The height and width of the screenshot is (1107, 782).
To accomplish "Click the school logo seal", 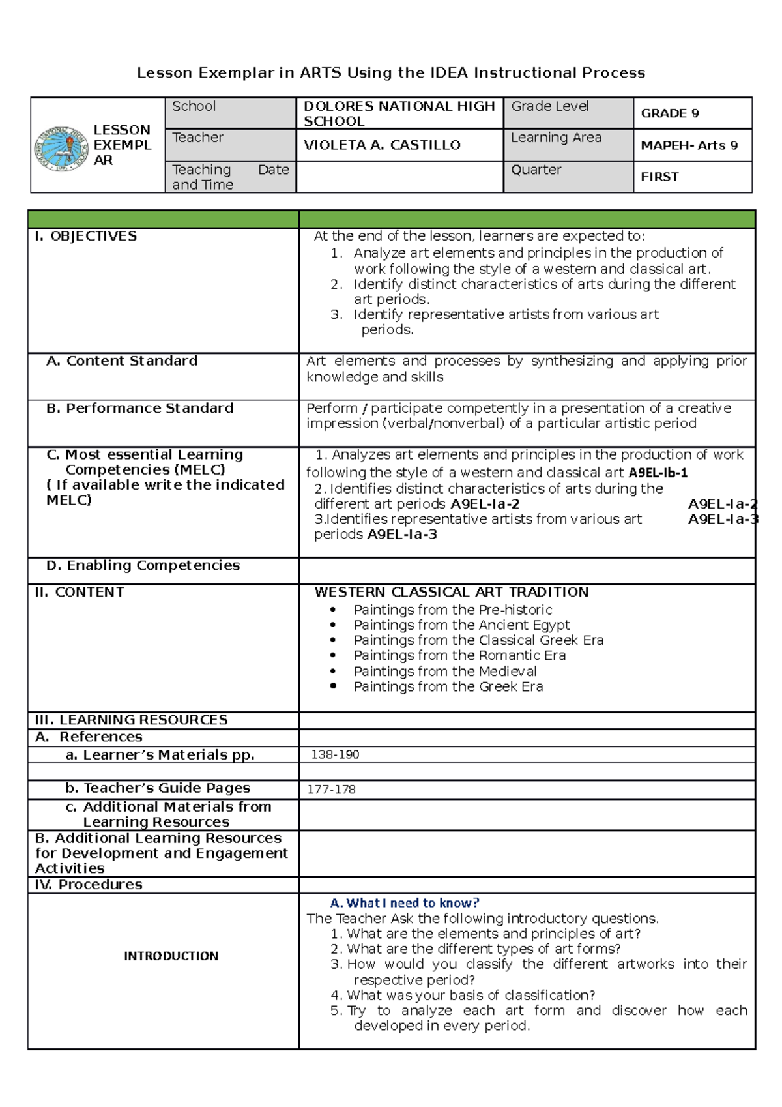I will point(61,149).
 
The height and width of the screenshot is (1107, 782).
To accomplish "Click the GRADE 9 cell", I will point(670,113).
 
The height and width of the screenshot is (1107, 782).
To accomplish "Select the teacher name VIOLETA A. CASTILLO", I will point(382,145).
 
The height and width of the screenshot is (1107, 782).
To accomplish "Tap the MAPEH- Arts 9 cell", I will point(689,145).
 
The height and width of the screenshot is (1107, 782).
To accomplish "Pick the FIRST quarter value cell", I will point(659,177).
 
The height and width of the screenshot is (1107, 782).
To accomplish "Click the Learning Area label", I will point(556,138).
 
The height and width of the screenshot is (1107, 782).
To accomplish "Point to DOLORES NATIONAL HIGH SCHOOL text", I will point(399,113).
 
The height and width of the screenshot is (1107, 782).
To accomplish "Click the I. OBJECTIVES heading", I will point(86,236).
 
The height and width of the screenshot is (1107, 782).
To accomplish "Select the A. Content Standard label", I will point(122,361).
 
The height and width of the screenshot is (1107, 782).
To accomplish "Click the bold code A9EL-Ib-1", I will point(658,473).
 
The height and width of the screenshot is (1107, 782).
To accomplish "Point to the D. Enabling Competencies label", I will point(143,565).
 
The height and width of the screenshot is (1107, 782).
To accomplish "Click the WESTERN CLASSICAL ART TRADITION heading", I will point(451,592).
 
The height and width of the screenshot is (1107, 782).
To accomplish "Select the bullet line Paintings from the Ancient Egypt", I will point(461,625).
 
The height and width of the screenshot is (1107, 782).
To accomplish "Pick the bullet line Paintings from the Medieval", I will point(445,671).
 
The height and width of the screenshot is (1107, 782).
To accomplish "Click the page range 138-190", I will point(335,754).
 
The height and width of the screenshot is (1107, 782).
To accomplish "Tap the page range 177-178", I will point(331,790).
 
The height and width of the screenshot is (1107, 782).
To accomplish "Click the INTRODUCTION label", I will point(171,956).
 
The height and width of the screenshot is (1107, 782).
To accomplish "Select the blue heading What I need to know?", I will point(405,903).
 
